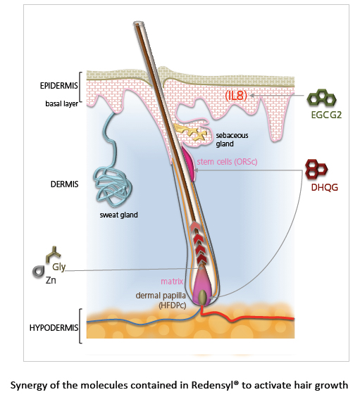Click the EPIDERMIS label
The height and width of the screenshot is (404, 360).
[x=58, y=86]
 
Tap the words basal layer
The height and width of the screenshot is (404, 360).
[x=61, y=103]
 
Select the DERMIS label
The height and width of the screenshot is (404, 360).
[x=64, y=184]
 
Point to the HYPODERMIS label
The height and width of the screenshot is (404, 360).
[x=54, y=328]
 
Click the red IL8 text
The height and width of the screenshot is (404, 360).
[x=236, y=95]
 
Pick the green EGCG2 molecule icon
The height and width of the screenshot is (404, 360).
[x=321, y=97]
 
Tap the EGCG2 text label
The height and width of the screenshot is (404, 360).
[x=326, y=115]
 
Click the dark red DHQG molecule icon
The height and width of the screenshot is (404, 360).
[x=316, y=170]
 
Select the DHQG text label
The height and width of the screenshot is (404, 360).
[x=324, y=187]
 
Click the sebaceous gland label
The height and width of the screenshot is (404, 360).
[x=232, y=139]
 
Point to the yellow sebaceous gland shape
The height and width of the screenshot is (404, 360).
[x=190, y=132]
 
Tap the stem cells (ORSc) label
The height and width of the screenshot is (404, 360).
[x=227, y=162]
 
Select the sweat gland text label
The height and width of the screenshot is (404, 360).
[x=118, y=215]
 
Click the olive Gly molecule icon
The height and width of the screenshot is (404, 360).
[x=53, y=254]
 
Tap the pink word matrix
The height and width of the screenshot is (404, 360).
[x=172, y=282]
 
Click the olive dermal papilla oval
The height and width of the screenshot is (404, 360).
[x=202, y=297]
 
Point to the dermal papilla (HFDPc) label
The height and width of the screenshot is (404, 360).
[x=161, y=301]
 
